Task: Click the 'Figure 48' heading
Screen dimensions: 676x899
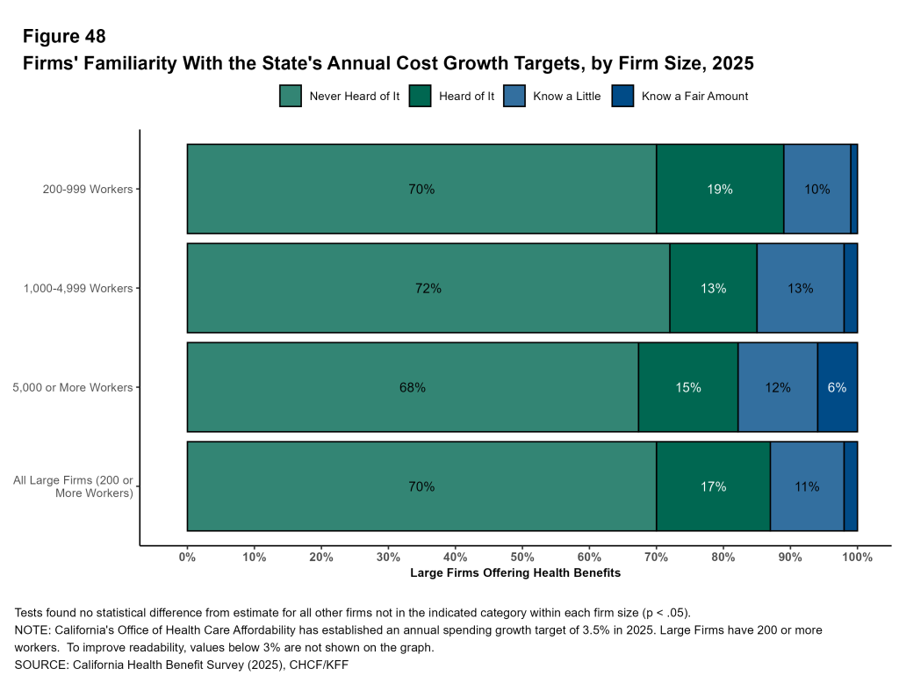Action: [x=64, y=36]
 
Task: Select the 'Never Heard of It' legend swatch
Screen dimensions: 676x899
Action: [x=291, y=96]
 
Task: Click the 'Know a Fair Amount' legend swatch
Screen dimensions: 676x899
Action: [x=622, y=96]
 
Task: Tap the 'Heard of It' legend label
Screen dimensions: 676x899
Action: [x=466, y=97]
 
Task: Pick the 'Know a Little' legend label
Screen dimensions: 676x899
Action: [x=566, y=97]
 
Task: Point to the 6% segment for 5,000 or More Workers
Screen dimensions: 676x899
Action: [x=837, y=387]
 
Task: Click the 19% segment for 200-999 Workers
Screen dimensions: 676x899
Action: [x=720, y=189]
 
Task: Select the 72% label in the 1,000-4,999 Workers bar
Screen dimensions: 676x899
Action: [x=428, y=288]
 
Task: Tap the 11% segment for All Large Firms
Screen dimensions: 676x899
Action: [x=806, y=486]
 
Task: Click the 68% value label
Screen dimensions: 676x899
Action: [x=413, y=387]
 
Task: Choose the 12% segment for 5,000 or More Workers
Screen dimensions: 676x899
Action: [x=777, y=387]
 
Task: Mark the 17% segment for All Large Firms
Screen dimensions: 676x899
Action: [x=713, y=486]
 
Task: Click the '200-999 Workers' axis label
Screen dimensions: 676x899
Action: [x=88, y=189]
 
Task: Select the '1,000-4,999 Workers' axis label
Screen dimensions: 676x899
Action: [x=79, y=288]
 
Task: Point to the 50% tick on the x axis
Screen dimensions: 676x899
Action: [x=522, y=556]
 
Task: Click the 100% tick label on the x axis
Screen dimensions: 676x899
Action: [x=857, y=556]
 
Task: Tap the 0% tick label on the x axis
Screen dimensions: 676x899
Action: [x=187, y=556]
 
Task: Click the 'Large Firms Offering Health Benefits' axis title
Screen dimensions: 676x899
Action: [x=515, y=573]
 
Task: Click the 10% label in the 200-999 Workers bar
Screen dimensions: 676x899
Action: [x=816, y=189]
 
